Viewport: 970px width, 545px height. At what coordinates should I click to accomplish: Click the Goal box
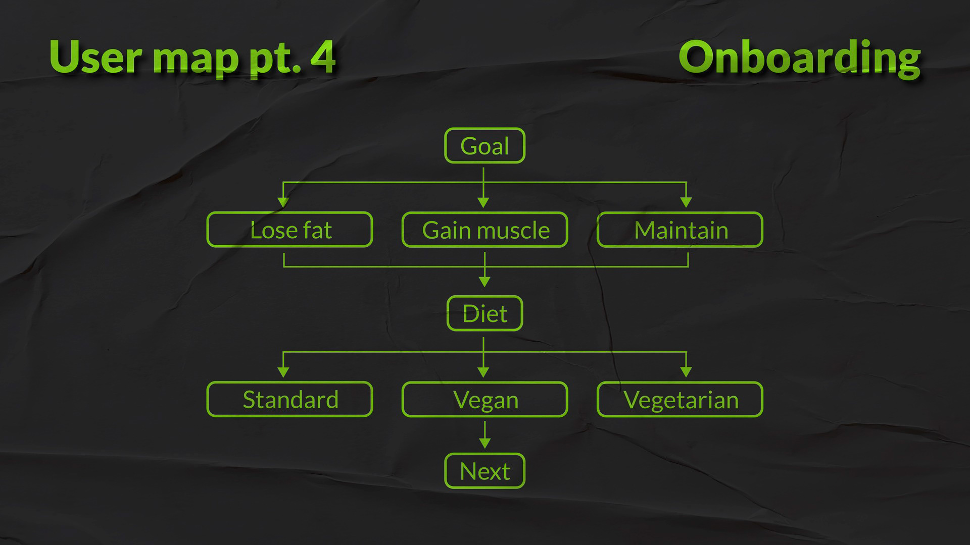[x=484, y=146]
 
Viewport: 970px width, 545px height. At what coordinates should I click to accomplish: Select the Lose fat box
[x=289, y=230]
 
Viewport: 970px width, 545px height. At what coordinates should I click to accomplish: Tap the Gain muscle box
[x=484, y=230]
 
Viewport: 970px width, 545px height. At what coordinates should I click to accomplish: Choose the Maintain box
[x=680, y=230]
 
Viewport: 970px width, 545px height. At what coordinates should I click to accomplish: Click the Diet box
[x=484, y=313]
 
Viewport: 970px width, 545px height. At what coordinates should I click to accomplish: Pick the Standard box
[x=289, y=400]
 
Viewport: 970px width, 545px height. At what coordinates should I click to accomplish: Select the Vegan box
[x=484, y=400]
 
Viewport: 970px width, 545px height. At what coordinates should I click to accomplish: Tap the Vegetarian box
[x=680, y=400]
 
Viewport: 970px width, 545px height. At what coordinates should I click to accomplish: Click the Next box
[x=484, y=471]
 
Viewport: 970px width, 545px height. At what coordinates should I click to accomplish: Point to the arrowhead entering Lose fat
[x=283, y=202]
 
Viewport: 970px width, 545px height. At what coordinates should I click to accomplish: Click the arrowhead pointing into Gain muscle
[x=483, y=202]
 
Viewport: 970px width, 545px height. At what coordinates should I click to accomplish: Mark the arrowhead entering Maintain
[x=686, y=202]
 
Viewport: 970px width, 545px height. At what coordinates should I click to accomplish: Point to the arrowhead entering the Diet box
[x=484, y=282]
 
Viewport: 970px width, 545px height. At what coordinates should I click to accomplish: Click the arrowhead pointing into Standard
[x=283, y=372]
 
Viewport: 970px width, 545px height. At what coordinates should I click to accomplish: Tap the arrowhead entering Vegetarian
[x=686, y=372]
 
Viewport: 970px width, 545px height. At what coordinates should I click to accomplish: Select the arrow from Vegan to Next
[x=484, y=434]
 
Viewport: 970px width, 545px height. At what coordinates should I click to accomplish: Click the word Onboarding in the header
[x=799, y=58]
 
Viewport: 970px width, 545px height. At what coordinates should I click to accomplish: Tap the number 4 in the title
[x=322, y=57]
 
